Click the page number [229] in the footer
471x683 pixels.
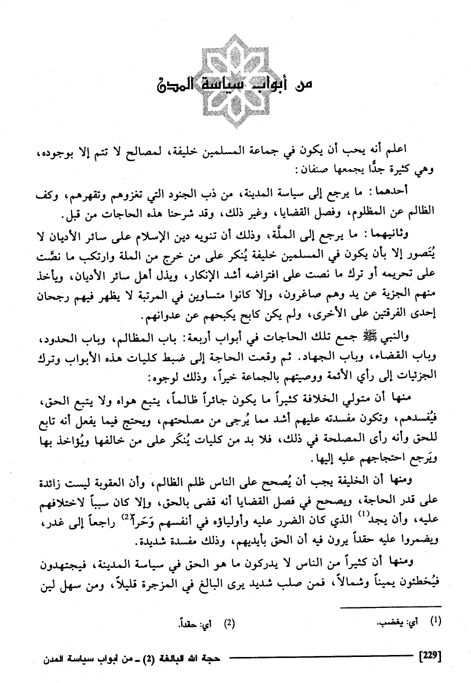point(431,654)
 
